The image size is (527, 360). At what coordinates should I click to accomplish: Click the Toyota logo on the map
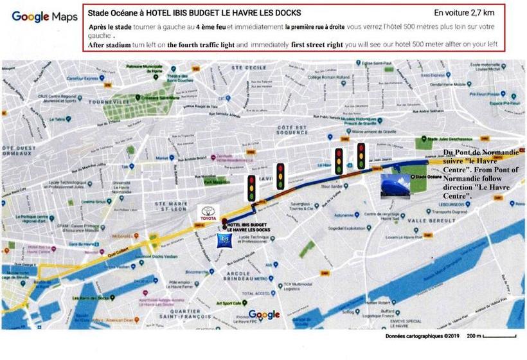(207, 213)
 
